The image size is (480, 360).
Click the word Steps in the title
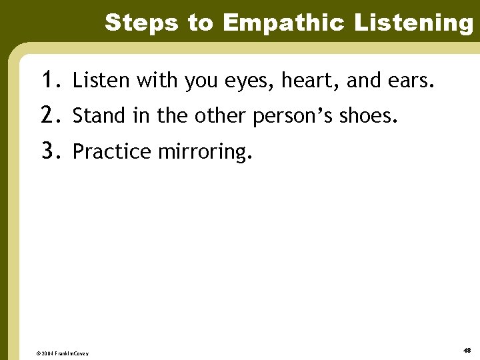point(142,23)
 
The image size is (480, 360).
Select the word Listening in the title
point(413,23)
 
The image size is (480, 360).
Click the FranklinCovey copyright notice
point(63,353)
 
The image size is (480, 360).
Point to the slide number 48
point(466,350)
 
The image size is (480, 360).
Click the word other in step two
point(221,117)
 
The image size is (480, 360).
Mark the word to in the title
point(200,23)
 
